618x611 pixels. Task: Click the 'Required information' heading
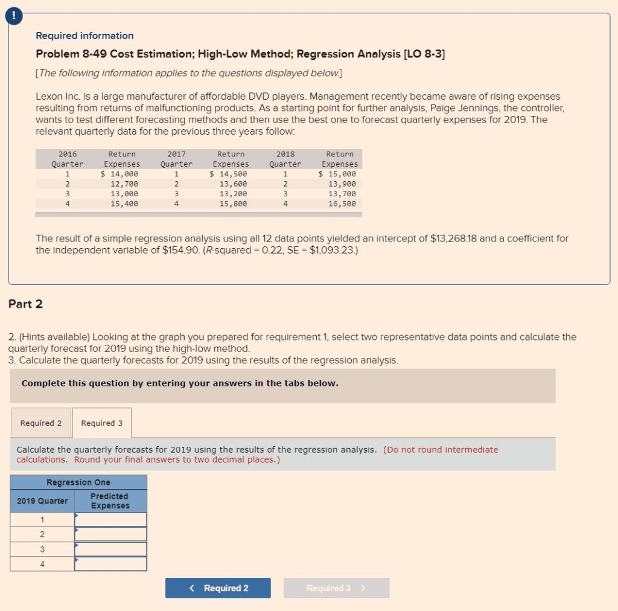coord(84,36)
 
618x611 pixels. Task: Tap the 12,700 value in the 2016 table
coord(124,184)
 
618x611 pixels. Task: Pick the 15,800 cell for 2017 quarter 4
coord(234,204)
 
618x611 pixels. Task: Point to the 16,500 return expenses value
coord(342,204)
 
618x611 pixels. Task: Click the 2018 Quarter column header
coord(285,159)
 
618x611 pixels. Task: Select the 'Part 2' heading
coord(25,304)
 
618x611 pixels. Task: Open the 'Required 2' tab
coord(41,423)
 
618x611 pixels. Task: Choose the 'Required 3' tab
coord(101,423)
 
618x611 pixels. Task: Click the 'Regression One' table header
coord(78,482)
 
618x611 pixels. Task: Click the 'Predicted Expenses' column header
coord(110,501)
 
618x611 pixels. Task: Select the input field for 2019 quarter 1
coord(110,520)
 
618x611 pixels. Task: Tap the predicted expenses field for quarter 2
coord(110,534)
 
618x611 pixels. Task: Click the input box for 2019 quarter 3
coord(110,549)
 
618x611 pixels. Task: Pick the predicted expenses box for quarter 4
coord(110,564)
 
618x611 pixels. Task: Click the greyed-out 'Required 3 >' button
coord(336,588)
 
